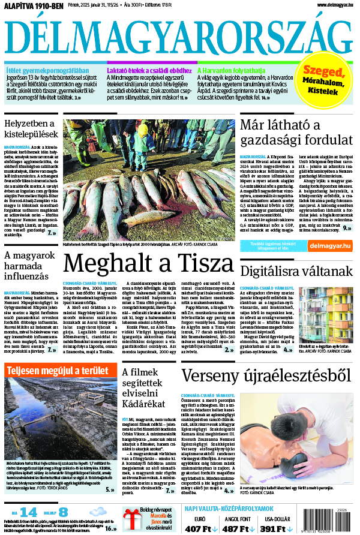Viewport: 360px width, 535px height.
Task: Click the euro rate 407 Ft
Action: [202, 528]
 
